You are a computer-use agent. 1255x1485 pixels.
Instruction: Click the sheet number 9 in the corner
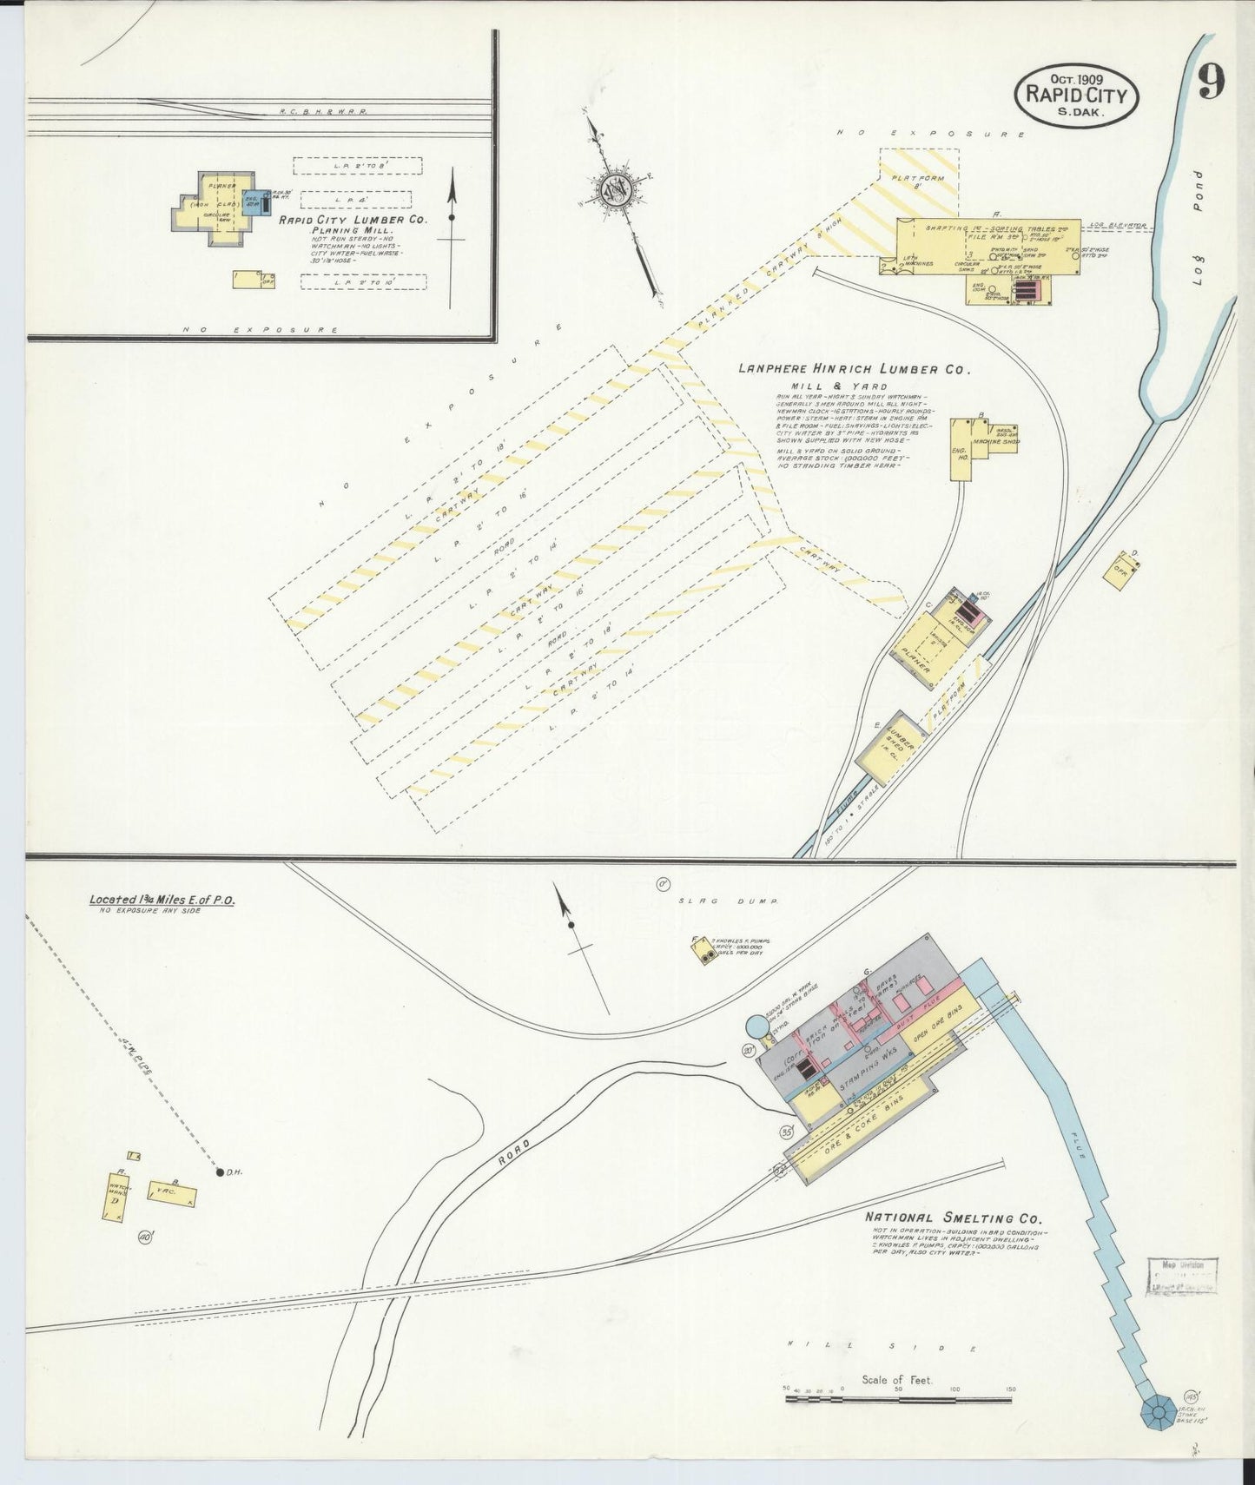[1212, 82]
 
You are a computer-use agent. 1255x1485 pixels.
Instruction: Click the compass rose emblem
[619, 188]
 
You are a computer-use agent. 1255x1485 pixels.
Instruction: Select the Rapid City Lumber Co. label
[353, 221]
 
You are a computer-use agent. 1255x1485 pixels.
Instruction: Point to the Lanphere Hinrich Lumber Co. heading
[852, 369]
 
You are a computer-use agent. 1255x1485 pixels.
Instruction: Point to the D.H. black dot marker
[219, 1171]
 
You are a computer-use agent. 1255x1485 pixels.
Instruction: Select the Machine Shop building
[995, 439]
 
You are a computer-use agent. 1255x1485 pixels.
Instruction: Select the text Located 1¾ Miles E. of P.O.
[162, 900]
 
